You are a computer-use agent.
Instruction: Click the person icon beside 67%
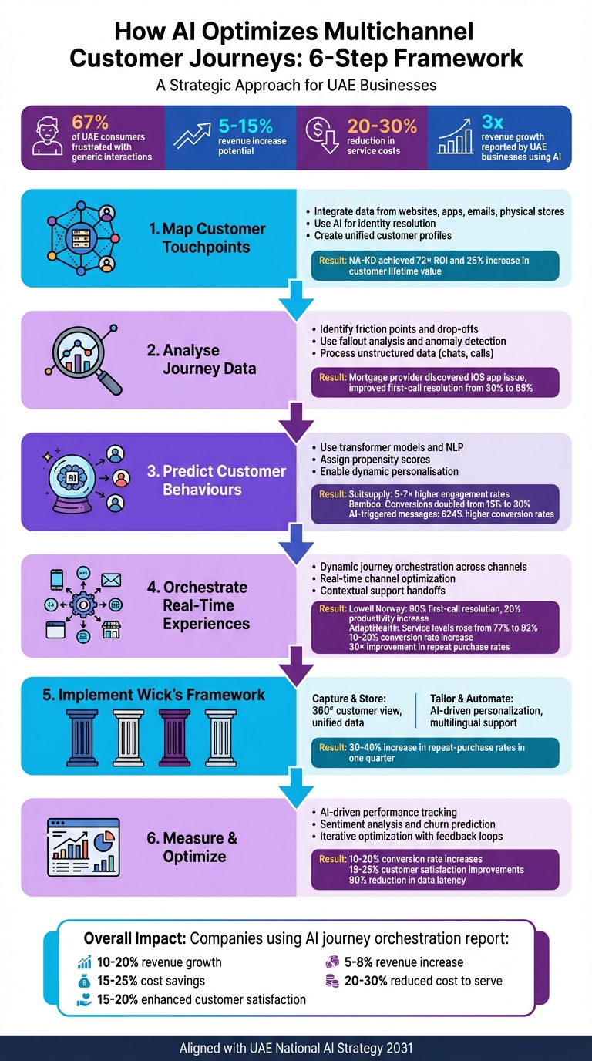pyautogui.click(x=48, y=137)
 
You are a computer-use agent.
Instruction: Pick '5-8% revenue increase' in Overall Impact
pyautogui.click(x=405, y=962)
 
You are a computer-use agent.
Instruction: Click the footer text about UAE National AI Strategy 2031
pyautogui.click(x=296, y=1048)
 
